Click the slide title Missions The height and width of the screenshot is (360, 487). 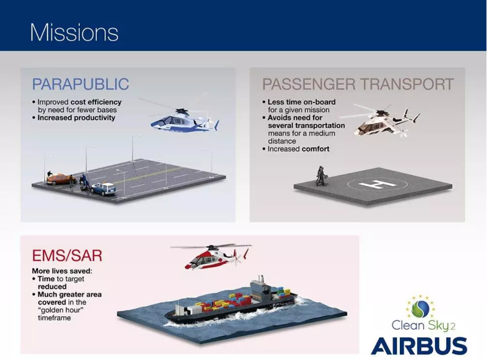point(74,32)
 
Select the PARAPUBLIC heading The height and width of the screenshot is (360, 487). point(80,85)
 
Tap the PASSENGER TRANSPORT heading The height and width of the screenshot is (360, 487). point(358,85)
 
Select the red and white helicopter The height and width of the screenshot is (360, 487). point(211,257)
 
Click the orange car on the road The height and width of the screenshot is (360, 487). point(60,178)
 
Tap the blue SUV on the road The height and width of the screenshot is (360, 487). point(103,188)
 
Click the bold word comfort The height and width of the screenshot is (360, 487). point(315,149)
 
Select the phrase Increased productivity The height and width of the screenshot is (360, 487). point(76,117)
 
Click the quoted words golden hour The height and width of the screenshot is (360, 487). point(59,310)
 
